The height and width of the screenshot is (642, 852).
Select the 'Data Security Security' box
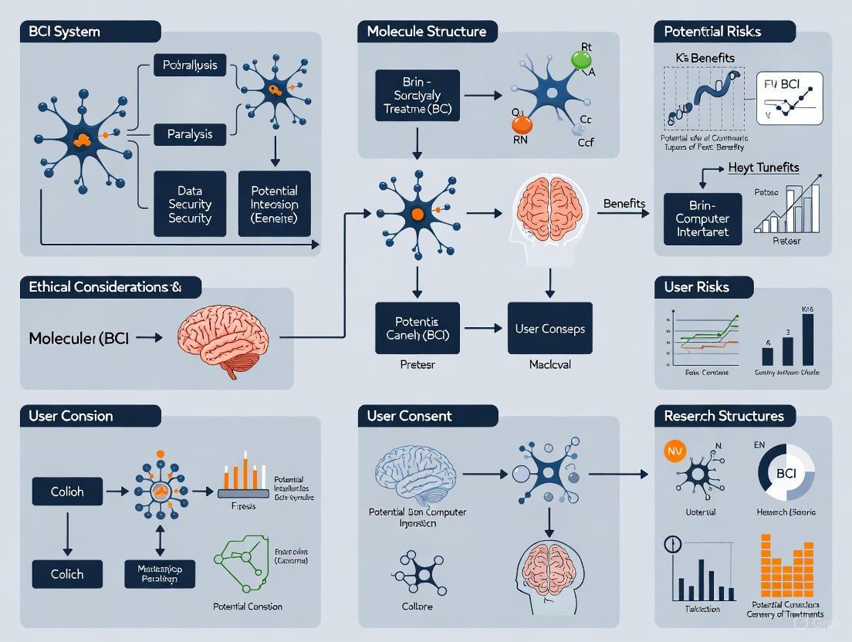pyautogui.click(x=190, y=204)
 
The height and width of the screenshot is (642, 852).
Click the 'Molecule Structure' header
pyautogui.click(x=427, y=32)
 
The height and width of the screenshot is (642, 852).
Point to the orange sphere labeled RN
pyautogui.click(x=522, y=123)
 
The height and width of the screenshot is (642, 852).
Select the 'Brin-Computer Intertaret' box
pyautogui.click(x=702, y=218)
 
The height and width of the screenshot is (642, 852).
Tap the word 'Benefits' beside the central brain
pyautogui.click(x=624, y=203)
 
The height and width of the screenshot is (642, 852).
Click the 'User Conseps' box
pyautogui.click(x=549, y=328)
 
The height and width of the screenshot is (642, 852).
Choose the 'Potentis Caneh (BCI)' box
pyautogui.click(x=417, y=328)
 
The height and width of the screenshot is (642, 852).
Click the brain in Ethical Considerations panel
pyautogui.click(x=223, y=336)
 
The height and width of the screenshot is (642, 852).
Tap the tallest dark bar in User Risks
pyautogui.click(x=808, y=338)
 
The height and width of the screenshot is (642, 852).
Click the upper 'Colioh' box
pyautogui.click(x=67, y=491)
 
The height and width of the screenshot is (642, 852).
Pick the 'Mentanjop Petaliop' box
pyautogui.click(x=160, y=573)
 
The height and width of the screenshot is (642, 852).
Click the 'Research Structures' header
pyautogui.click(x=724, y=416)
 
